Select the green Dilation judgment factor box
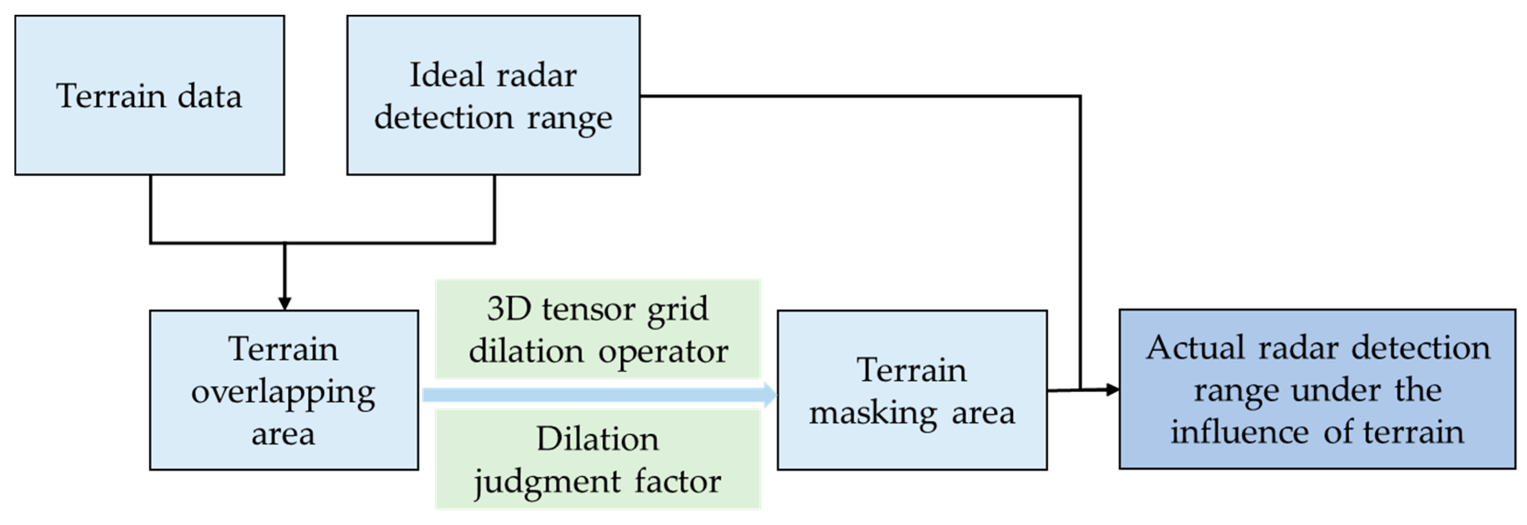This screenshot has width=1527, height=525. tap(597, 459)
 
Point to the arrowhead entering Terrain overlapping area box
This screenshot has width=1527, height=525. tap(285, 303)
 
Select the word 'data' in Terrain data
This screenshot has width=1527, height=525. tap(210, 96)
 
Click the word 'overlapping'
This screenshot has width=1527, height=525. tap(283, 392)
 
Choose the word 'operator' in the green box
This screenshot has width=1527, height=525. tap(663, 352)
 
